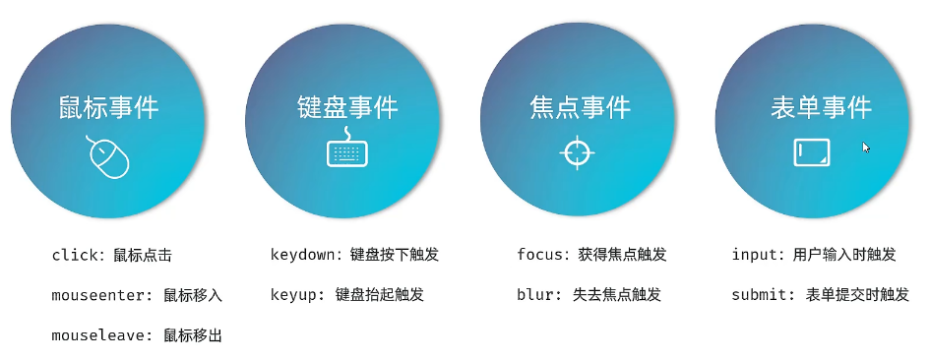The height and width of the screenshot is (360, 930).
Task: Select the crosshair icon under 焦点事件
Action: tap(577, 153)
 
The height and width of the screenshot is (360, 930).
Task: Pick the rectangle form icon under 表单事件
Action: tap(811, 152)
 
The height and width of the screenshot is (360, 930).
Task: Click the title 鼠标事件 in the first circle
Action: tap(108, 108)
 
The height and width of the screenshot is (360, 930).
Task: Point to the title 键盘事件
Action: tap(347, 108)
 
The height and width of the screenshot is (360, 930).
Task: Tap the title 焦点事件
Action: tap(580, 108)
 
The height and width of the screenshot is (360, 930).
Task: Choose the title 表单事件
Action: tap(821, 108)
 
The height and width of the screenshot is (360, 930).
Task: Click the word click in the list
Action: tap(75, 255)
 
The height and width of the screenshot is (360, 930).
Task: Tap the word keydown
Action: tap(303, 255)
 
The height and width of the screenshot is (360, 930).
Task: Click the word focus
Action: tap(539, 255)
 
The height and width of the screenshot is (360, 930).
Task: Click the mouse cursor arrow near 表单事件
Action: tap(866, 148)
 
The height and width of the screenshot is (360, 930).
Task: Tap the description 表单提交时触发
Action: tap(857, 295)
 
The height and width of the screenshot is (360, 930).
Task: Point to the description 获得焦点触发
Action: tap(622, 255)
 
